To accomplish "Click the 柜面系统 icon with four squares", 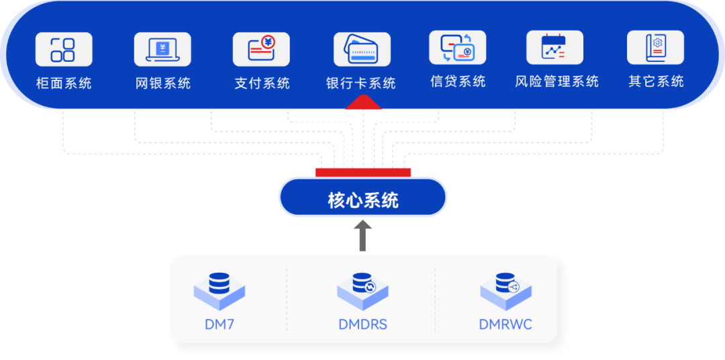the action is [63, 50].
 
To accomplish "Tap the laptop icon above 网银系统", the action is [162, 50].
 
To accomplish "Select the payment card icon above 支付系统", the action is [262, 50].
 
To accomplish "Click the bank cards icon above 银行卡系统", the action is [362, 50].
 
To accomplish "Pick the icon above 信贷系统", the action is [457, 48].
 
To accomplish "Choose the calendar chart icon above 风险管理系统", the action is [554, 48].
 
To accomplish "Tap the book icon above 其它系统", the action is [655, 48].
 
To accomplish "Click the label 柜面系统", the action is [64, 83].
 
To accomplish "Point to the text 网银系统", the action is [163, 83].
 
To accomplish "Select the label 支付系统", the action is [262, 83].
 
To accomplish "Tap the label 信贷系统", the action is [458, 81].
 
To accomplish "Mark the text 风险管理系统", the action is [557, 81].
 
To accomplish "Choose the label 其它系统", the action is [656, 81].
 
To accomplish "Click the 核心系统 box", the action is [362, 199].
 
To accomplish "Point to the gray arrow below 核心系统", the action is [362, 236].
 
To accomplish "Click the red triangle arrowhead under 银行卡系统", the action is [362, 102].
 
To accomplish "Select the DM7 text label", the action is [220, 324].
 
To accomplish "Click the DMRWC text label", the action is [505, 324].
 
